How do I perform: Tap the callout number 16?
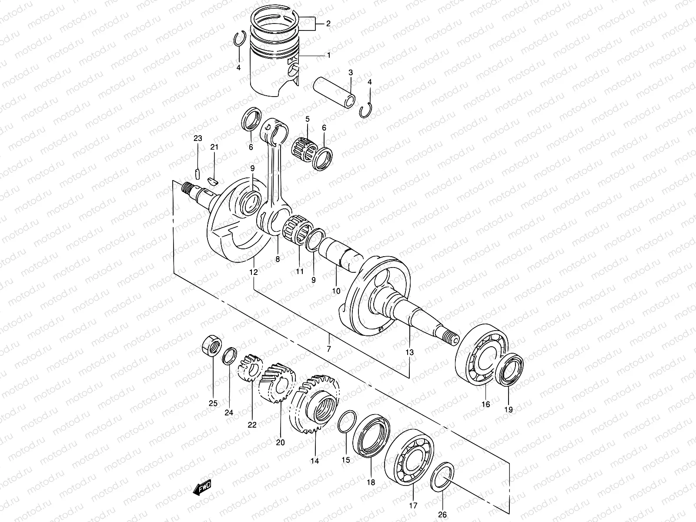(x=485, y=404)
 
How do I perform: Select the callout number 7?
(x=329, y=349)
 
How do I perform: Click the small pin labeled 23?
(x=197, y=174)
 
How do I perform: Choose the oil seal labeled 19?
(x=509, y=370)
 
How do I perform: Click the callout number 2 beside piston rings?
(x=328, y=23)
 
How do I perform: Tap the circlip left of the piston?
(x=238, y=39)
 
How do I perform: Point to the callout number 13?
(x=410, y=352)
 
